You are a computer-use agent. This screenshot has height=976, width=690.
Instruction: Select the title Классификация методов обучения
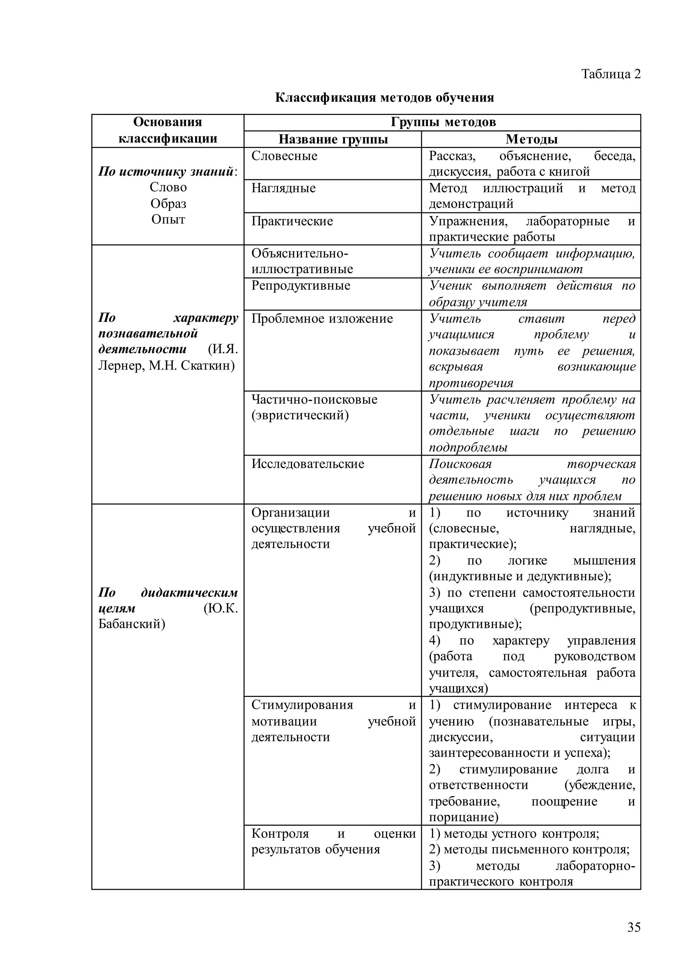384,98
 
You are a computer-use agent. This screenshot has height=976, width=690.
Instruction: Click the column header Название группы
333,140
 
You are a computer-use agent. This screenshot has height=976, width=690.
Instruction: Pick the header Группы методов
443,122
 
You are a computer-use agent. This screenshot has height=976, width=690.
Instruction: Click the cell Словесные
284,156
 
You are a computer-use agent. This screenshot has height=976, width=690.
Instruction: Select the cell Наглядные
283,188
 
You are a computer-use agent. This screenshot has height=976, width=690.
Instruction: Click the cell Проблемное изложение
322,318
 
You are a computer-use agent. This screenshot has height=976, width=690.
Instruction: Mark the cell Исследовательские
308,463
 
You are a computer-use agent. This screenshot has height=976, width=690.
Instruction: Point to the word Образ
168,204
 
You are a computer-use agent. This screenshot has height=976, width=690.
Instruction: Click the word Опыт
168,220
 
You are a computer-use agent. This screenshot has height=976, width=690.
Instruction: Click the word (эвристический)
300,415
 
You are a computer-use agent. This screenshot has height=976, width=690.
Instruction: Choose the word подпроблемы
468,447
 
